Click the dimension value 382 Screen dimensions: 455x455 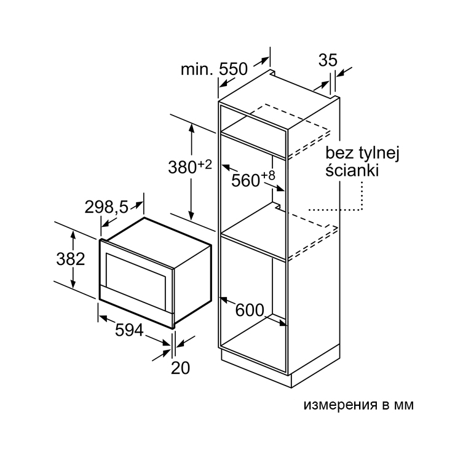tap(71, 259)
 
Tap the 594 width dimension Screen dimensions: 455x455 tap(129, 330)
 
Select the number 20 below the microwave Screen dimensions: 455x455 tap(180, 368)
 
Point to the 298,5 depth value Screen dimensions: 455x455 tap(106, 207)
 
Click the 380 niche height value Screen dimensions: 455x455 tap(183, 167)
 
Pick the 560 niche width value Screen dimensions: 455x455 tap(245, 181)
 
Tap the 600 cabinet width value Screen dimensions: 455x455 tap(250, 310)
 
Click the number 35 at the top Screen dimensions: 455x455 tap(328, 60)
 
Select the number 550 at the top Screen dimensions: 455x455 tap(233, 69)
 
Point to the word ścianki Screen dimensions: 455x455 tap(352, 170)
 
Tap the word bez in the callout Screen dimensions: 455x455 tap(339, 153)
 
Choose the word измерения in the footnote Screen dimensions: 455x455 tap(341, 405)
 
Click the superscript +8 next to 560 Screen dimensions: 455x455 tap(267, 176)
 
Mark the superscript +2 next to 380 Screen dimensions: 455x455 tap(205, 165)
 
